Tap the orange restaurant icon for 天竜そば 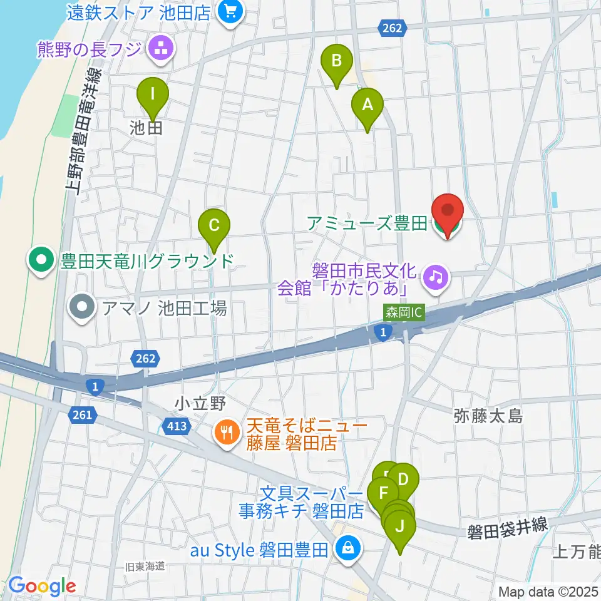pyautogui.click(x=225, y=433)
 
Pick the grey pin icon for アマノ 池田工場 pyautogui.click(x=82, y=308)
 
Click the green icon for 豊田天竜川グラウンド pyautogui.click(x=42, y=260)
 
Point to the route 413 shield pyautogui.click(x=177, y=426)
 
